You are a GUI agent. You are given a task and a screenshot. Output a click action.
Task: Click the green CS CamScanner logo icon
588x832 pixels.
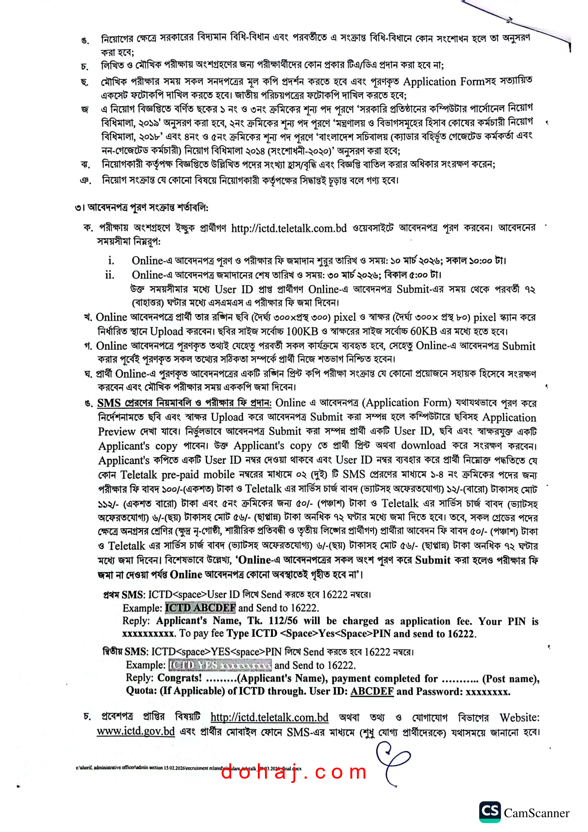click(490, 812)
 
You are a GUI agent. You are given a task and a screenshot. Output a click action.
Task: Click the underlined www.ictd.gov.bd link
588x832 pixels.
click(136, 731)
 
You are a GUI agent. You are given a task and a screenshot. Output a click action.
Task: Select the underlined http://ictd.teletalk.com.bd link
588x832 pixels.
click(269, 717)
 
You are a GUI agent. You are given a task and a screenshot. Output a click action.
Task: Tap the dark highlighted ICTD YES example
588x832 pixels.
click(220, 665)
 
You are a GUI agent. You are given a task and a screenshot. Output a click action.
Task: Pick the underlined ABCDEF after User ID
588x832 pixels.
click(372, 691)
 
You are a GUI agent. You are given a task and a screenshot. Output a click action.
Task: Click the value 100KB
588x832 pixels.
click(302, 332)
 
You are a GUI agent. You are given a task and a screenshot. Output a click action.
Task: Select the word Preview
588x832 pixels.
click(116, 431)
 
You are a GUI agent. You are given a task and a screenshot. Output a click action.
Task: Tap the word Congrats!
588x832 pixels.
click(179, 678)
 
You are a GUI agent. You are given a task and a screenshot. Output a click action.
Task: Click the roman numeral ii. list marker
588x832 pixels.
click(110, 275)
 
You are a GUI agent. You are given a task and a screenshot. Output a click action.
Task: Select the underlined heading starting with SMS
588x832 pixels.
click(184, 403)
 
